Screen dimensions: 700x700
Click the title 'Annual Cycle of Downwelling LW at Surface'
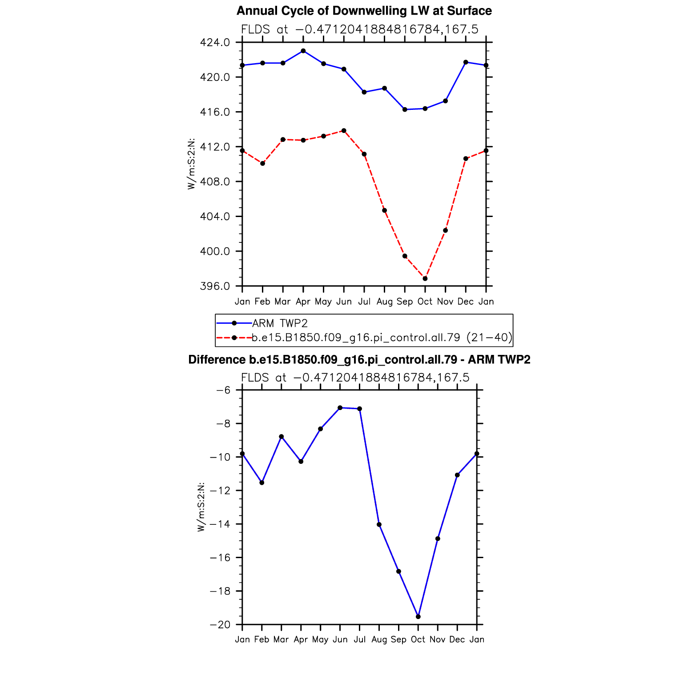[x=364, y=11]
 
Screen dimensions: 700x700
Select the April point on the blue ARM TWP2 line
[x=303, y=51]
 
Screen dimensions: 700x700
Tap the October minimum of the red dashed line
[x=425, y=278]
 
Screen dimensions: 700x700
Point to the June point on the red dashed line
[x=344, y=130]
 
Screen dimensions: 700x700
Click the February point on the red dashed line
[x=262, y=163]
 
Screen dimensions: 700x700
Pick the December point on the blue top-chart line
[x=466, y=62]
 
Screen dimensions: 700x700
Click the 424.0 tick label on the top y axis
[x=215, y=43]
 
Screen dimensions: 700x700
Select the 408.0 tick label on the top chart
[x=215, y=182]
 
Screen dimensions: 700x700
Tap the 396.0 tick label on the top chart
[x=215, y=286]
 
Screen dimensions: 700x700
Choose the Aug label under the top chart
[x=384, y=302]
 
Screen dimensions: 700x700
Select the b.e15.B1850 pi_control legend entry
[x=382, y=338]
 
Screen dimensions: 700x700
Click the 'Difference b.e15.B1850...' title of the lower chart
[x=359, y=359]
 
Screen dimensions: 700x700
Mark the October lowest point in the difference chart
[x=418, y=616]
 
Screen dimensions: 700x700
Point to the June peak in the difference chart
[x=340, y=407]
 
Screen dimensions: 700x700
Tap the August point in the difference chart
[x=379, y=524]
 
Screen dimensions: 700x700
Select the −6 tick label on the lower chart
[x=223, y=390]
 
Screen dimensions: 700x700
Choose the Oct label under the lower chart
[x=418, y=640]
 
